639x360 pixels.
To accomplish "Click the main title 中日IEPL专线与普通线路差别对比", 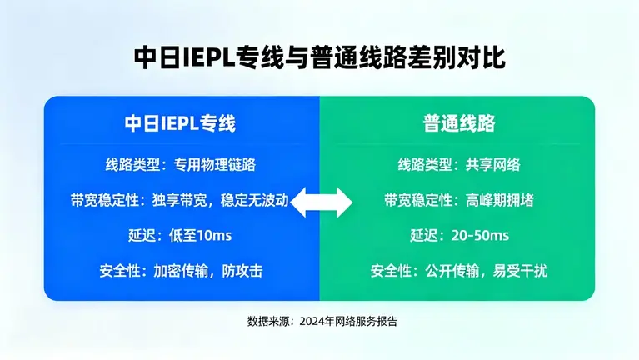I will [x=319, y=57].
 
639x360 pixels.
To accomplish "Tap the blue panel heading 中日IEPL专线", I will [x=180, y=123].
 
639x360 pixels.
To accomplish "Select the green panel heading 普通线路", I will [x=457, y=123].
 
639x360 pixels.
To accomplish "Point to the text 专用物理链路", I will [x=208, y=164].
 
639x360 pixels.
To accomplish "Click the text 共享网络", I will [x=492, y=164].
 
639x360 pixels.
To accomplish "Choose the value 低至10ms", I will [x=201, y=236].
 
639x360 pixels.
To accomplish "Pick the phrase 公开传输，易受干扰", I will [x=497, y=271].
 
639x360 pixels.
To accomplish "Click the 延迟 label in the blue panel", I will [x=142, y=236].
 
